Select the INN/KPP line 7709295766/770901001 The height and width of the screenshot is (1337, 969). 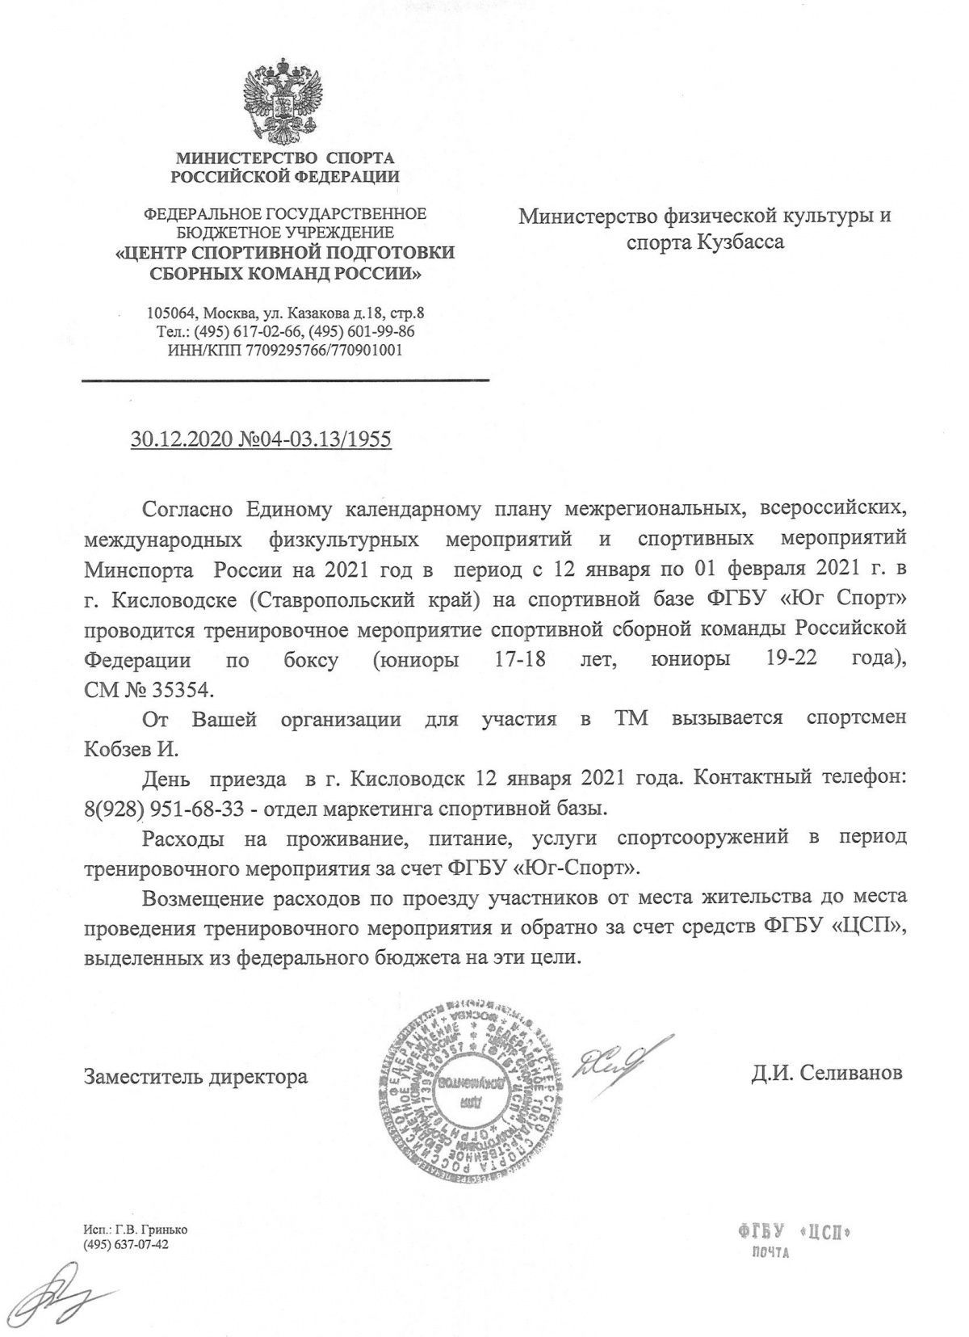(284, 350)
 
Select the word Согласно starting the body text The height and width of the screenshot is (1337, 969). (187, 511)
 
